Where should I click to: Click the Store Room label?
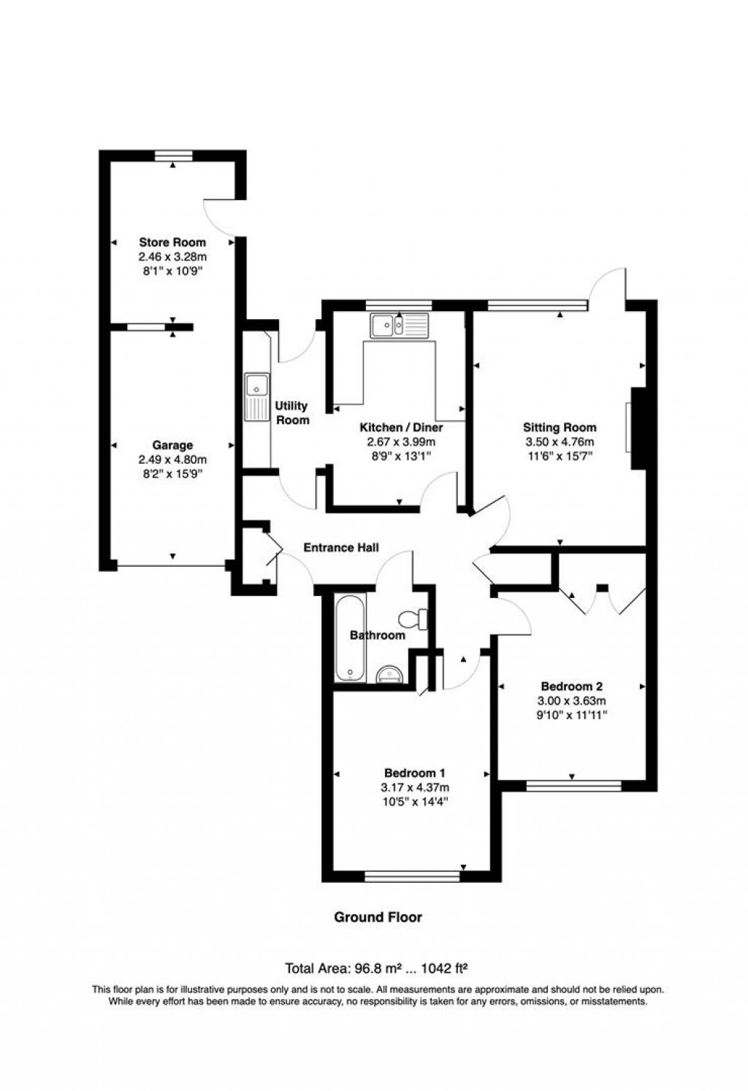coord(172,242)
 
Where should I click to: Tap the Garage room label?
coord(172,445)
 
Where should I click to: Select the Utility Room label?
coord(291,413)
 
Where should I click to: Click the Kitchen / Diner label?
coord(401,428)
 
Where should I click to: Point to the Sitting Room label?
coord(560,428)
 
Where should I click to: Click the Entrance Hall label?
coord(341,548)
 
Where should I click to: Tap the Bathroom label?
coord(377,635)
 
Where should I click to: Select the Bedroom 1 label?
coord(415,773)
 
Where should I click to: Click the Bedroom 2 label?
coord(571,686)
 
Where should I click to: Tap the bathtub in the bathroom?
coord(351,639)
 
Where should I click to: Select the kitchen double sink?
coord(400,326)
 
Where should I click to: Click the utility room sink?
coord(257,397)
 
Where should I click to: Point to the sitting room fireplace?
coord(637,429)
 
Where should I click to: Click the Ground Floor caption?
coord(378,917)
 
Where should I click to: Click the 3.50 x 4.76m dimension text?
coord(560,442)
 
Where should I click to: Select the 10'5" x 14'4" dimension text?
coord(415,801)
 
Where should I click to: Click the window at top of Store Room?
coord(173,154)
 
